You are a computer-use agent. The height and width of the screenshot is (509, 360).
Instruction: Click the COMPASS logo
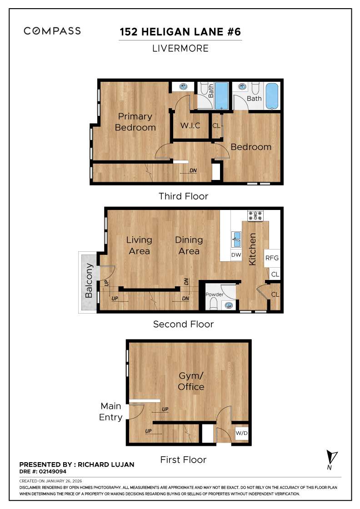(x=52, y=31)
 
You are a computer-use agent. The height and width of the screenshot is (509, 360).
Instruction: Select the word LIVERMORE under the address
(x=180, y=48)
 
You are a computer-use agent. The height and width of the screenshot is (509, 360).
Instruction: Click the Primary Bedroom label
(x=135, y=122)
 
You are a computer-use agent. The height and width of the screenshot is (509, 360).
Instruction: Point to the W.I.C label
(x=190, y=125)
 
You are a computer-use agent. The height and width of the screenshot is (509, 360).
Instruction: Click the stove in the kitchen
(x=255, y=215)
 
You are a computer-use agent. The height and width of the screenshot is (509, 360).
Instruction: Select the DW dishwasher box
(x=236, y=255)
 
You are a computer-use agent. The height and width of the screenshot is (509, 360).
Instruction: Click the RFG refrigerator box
(x=271, y=258)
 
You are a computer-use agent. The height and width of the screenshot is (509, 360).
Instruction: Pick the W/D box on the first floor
(x=241, y=433)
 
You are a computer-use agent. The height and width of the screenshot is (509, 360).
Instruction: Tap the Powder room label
(x=215, y=294)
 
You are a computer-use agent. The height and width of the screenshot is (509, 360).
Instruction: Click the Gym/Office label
(x=191, y=381)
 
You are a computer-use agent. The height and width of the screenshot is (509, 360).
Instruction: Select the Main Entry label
(x=111, y=412)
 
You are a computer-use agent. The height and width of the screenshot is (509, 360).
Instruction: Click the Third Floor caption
(x=183, y=196)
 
